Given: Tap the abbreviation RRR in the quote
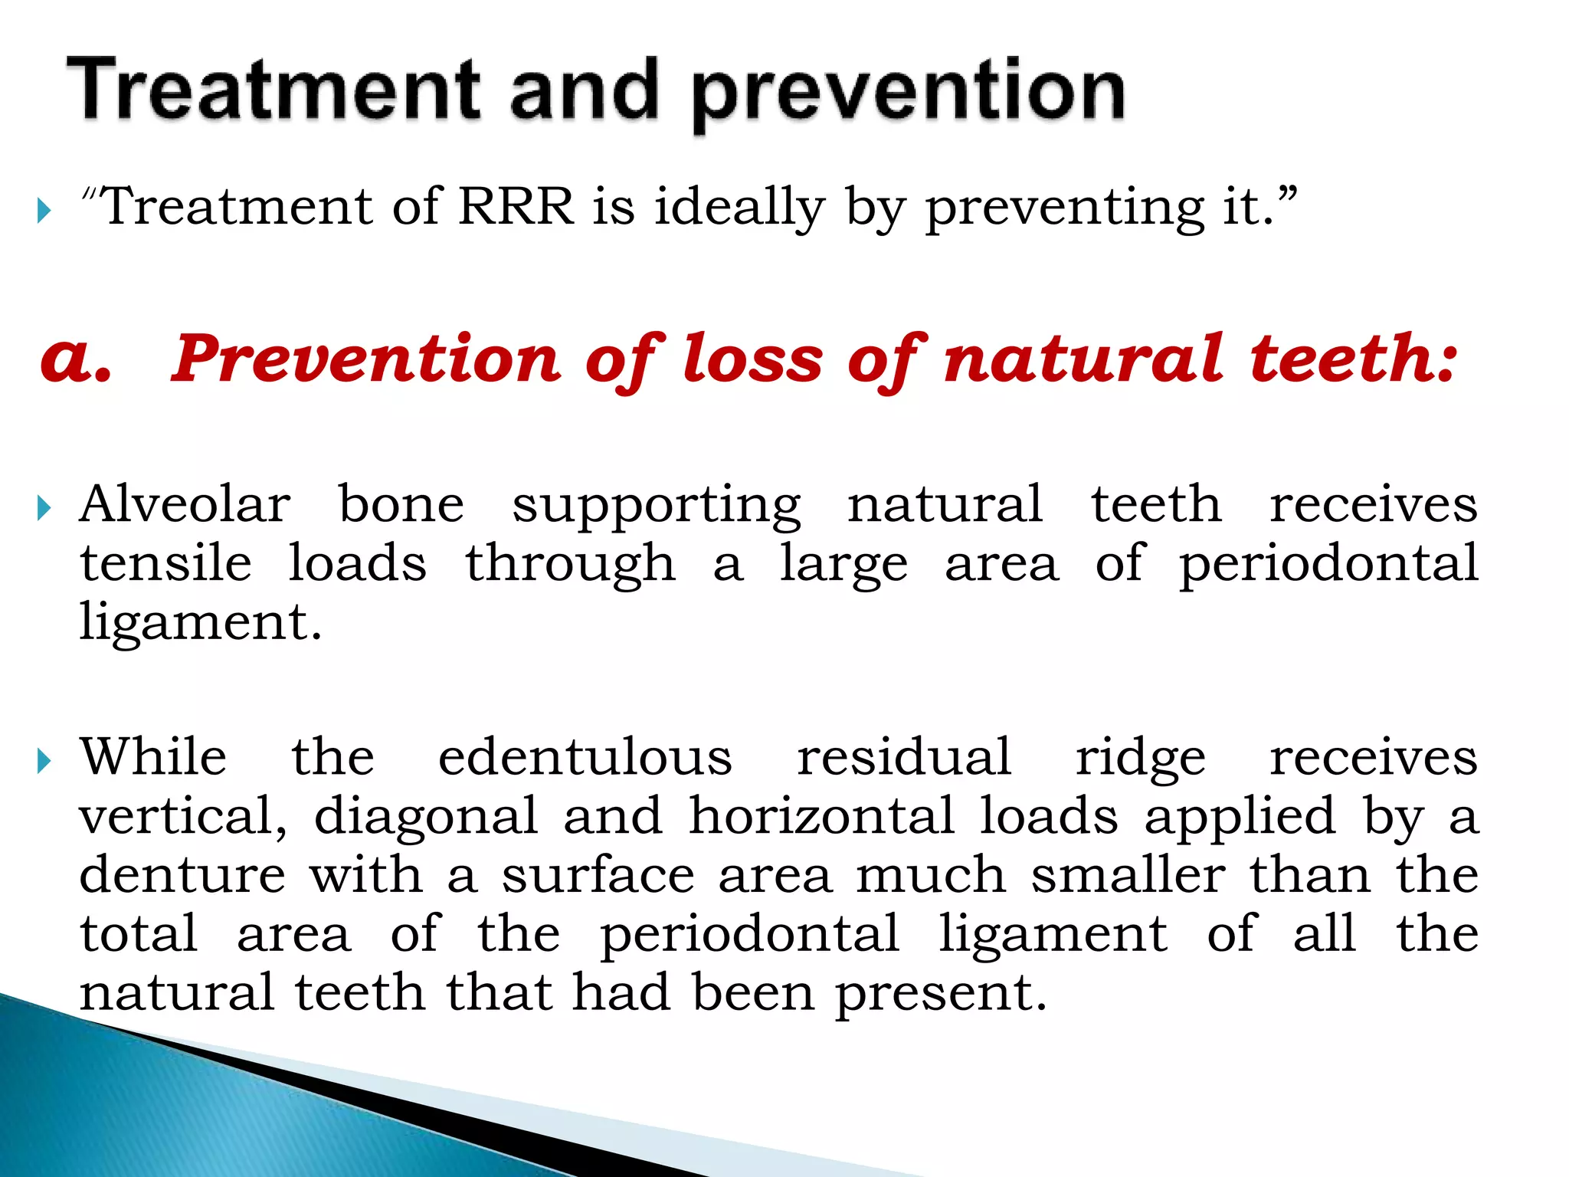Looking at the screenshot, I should tap(516, 206).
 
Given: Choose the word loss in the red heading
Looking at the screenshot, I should tap(752, 358).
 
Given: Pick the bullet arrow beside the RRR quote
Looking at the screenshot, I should tap(44, 210).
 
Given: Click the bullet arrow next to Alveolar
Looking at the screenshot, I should tap(44, 507).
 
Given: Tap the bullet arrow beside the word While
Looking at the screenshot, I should tap(44, 761).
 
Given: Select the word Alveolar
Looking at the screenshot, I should tap(185, 504).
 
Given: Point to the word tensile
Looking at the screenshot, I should tap(165, 563).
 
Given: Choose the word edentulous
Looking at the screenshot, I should tap(585, 757).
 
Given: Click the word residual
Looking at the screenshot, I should tap(904, 757).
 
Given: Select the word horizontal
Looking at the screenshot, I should tap(822, 815).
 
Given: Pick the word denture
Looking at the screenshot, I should tap(182, 875).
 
